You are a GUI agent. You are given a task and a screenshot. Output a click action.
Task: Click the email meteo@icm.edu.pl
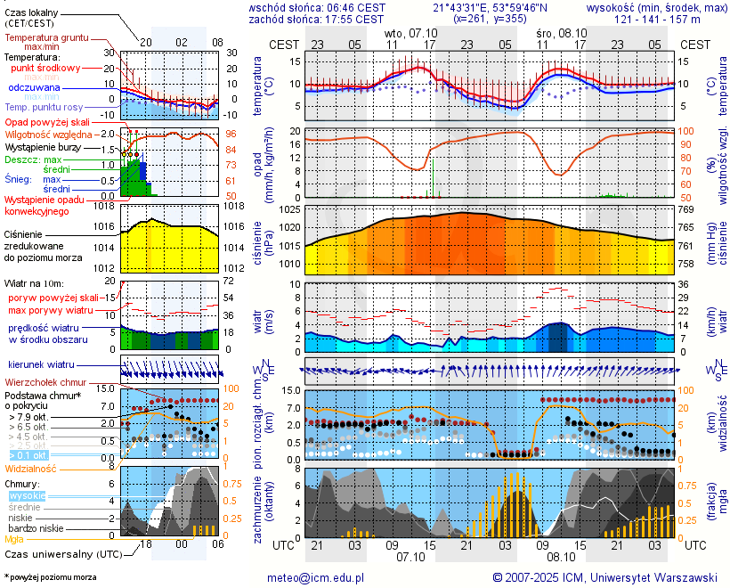coord(316,577)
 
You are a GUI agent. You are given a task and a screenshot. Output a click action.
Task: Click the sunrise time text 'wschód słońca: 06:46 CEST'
coord(317,7)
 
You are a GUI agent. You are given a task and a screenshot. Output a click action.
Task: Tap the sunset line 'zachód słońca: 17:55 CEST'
coord(317,19)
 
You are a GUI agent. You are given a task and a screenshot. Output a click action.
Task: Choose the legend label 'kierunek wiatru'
coord(41,365)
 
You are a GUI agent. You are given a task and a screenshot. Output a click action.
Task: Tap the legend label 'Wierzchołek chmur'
coord(45,382)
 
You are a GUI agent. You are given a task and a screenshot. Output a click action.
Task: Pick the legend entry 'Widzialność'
coord(31,468)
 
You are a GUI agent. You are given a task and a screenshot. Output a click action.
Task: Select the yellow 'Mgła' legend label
coord(14,539)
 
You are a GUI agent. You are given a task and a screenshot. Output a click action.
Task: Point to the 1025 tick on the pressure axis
coord(289,210)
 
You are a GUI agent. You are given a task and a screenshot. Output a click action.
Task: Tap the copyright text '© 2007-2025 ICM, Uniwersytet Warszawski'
coord(605,577)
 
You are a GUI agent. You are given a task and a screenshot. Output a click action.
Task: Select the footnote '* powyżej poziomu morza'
coord(50,577)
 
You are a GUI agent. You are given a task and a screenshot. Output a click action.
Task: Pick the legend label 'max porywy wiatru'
coord(51,310)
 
